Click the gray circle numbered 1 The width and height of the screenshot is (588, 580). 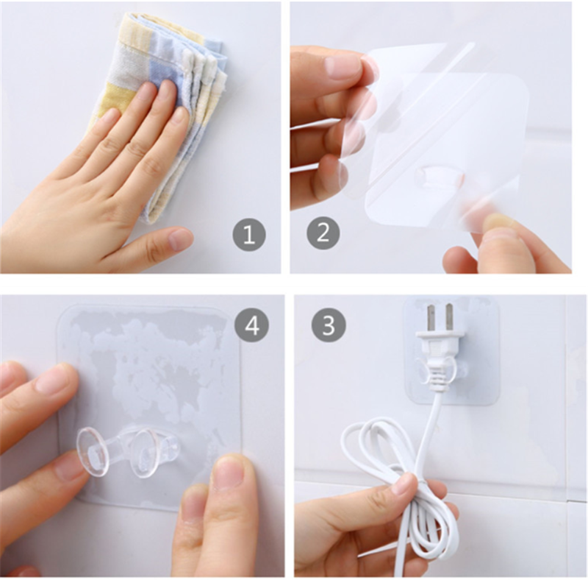click(x=249, y=234)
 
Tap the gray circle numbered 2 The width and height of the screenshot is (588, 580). click(x=323, y=233)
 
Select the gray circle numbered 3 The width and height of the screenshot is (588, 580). click(x=329, y=325)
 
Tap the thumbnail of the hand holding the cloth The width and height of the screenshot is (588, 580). click(x=180, y=238)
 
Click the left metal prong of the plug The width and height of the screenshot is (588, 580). click(x=432, y=318)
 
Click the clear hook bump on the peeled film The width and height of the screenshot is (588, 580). click(x=440, y=177)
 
